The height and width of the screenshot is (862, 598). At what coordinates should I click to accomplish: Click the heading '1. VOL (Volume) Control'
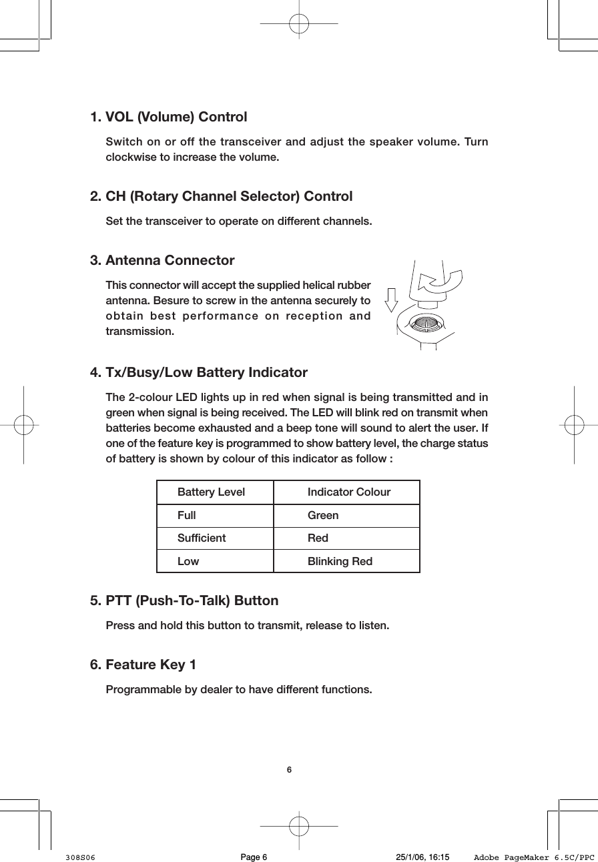tap(168, 117)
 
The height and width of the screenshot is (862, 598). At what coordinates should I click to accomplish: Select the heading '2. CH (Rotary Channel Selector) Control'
tap(221, 197)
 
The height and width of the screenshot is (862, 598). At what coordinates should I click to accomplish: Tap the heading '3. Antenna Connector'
tap(162, 260)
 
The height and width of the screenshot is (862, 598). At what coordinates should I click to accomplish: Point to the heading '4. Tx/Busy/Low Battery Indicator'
tap(198, 372)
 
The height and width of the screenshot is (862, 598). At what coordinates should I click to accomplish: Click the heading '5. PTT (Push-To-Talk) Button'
tap(184, 600)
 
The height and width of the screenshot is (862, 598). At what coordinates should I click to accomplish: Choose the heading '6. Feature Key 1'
tap(143, 665)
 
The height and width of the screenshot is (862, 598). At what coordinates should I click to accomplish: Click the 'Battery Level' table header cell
tap(211, 492)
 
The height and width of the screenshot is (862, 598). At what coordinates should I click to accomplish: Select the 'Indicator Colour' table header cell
tap(348, 492)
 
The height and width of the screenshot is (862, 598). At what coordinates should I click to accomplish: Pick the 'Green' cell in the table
tap(323, 516)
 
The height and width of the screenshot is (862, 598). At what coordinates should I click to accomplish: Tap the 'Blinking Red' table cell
tap(340, 562)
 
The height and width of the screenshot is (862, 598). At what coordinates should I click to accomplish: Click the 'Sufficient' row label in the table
tap(202, 538)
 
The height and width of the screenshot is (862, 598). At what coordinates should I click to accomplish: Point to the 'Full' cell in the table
tap(187, 516)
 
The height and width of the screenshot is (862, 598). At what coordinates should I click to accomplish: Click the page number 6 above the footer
tap(289, 770)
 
